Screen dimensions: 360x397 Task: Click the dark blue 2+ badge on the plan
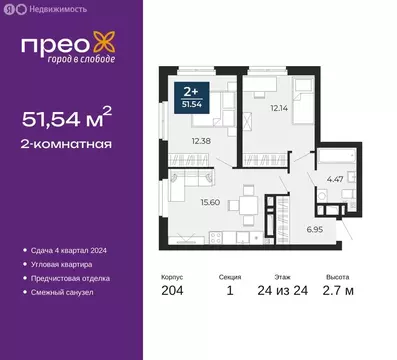click(x=190, y=96)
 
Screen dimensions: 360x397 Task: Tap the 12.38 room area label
click(x=204, y=141)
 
